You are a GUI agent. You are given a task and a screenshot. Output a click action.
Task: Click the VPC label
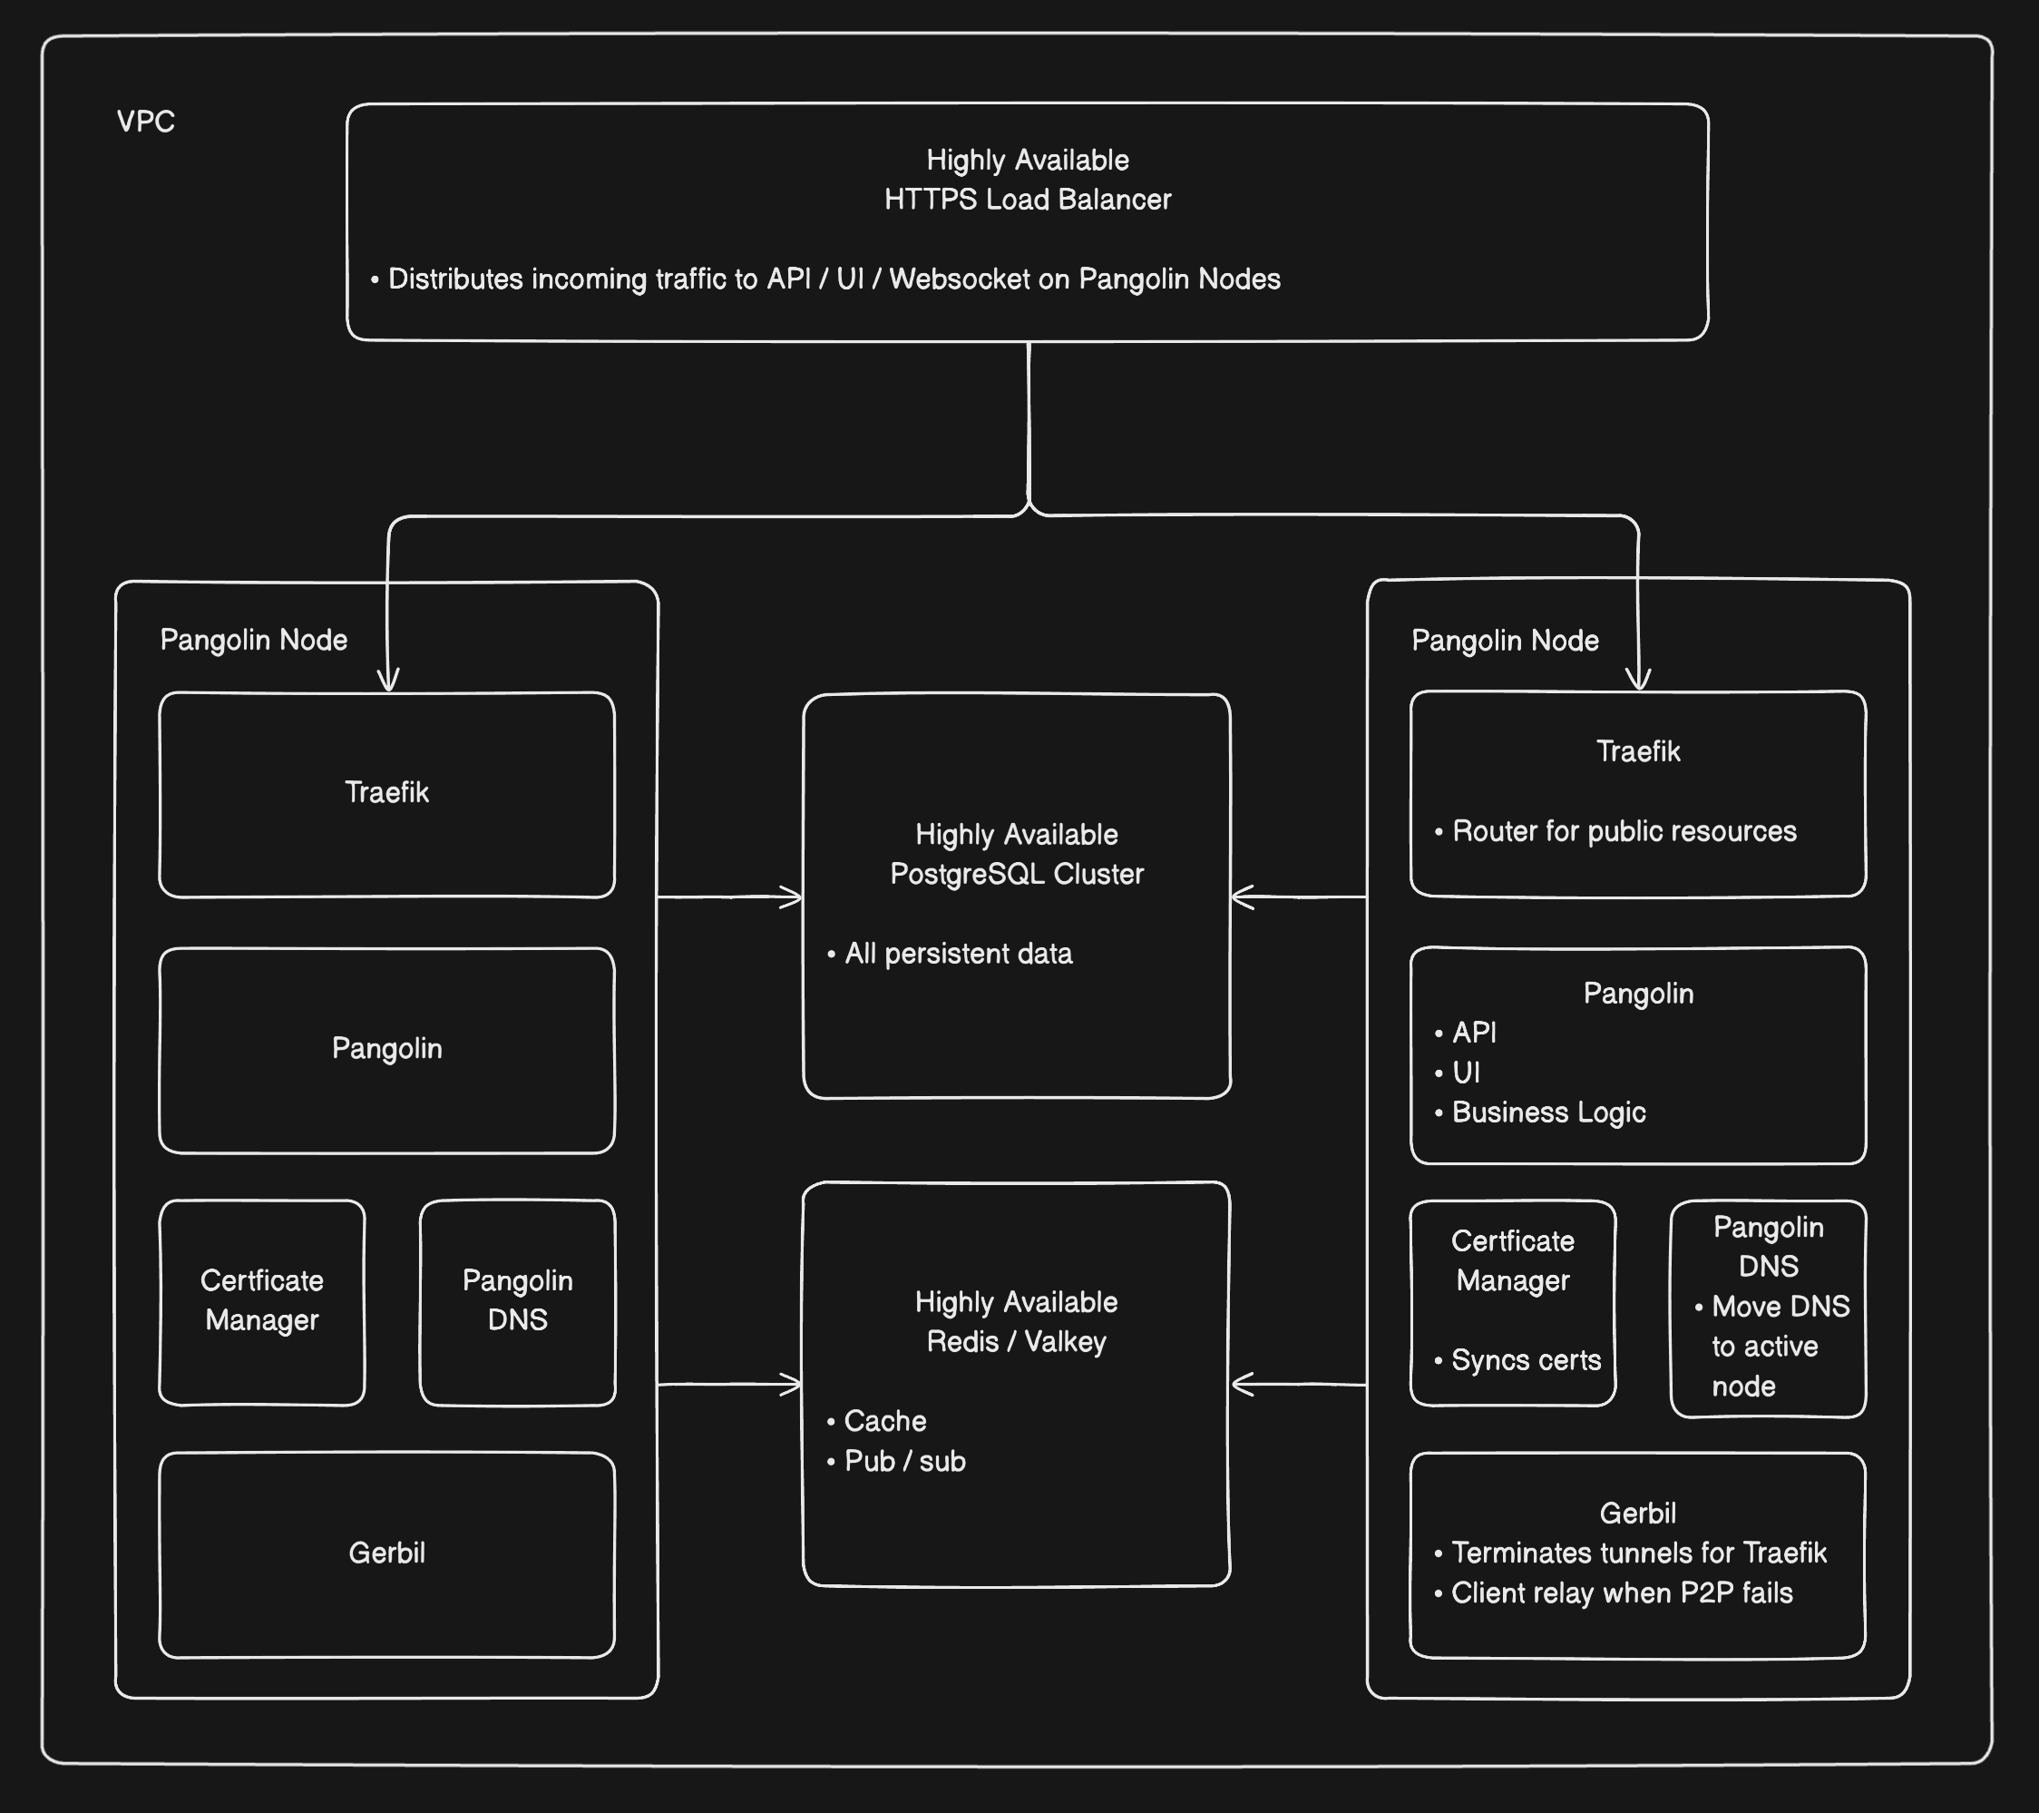tap(146, 122)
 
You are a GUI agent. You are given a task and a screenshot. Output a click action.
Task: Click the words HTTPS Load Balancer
tap(1028, 200)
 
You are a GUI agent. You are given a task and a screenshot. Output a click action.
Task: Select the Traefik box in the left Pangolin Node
tap(387, 794)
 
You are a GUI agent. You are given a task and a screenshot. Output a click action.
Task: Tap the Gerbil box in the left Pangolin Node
tap(387, 1553)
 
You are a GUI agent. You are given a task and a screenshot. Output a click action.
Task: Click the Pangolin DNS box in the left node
tap(518, 1301)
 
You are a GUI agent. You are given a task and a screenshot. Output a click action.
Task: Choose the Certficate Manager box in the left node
tap(262, 1301)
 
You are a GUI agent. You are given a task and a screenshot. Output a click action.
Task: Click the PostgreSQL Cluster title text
tap(1017, 874)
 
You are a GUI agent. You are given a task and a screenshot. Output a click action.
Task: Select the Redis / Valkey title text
tap(1017, 1342)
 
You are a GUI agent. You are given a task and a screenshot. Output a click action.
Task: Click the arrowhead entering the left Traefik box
tap(388, 681)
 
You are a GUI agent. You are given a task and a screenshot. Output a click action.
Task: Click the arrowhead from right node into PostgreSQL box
tap(1241, 897)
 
